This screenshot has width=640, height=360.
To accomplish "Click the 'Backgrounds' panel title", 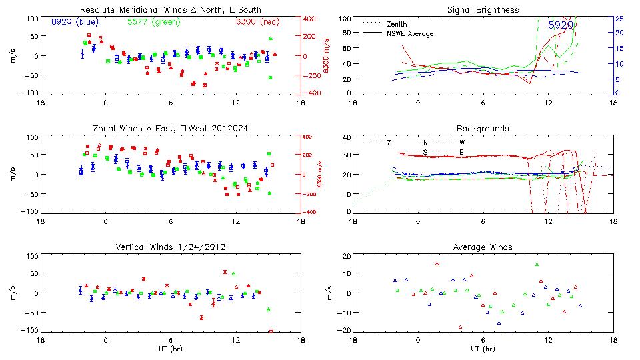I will (483, 128).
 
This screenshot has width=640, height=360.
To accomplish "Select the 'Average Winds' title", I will (483, 247).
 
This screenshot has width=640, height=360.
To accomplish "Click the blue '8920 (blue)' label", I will (75, 21).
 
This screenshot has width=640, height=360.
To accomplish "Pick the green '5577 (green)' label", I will (149, 21).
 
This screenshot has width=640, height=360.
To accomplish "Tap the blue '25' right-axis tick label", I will (619, 19).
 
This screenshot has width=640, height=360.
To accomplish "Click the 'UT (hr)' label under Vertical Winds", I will (170, 349).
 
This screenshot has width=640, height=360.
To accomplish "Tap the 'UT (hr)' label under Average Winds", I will (483, 349).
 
